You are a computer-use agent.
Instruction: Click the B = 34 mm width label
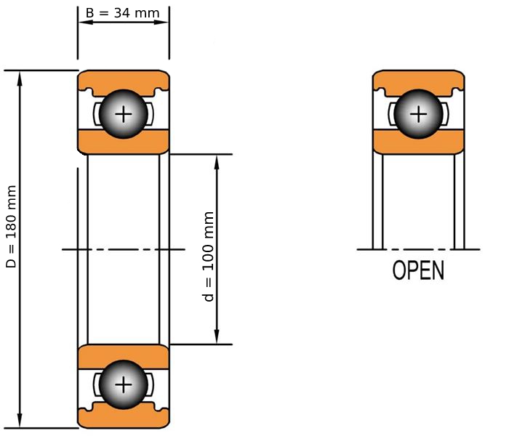123,12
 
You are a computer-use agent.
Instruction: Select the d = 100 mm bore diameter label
209,257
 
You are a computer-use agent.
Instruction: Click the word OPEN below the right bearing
418,270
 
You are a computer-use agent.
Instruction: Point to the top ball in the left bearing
124,114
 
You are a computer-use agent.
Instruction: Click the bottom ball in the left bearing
124,384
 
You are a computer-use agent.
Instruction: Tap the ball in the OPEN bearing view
418,114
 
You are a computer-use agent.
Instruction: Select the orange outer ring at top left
124,78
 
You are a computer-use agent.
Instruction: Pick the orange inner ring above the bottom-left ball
124,355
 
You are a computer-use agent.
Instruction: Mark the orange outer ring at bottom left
124,420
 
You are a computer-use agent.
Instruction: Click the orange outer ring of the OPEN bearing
418,78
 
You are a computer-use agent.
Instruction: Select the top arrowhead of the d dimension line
217,161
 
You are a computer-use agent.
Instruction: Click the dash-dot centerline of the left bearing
124,249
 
